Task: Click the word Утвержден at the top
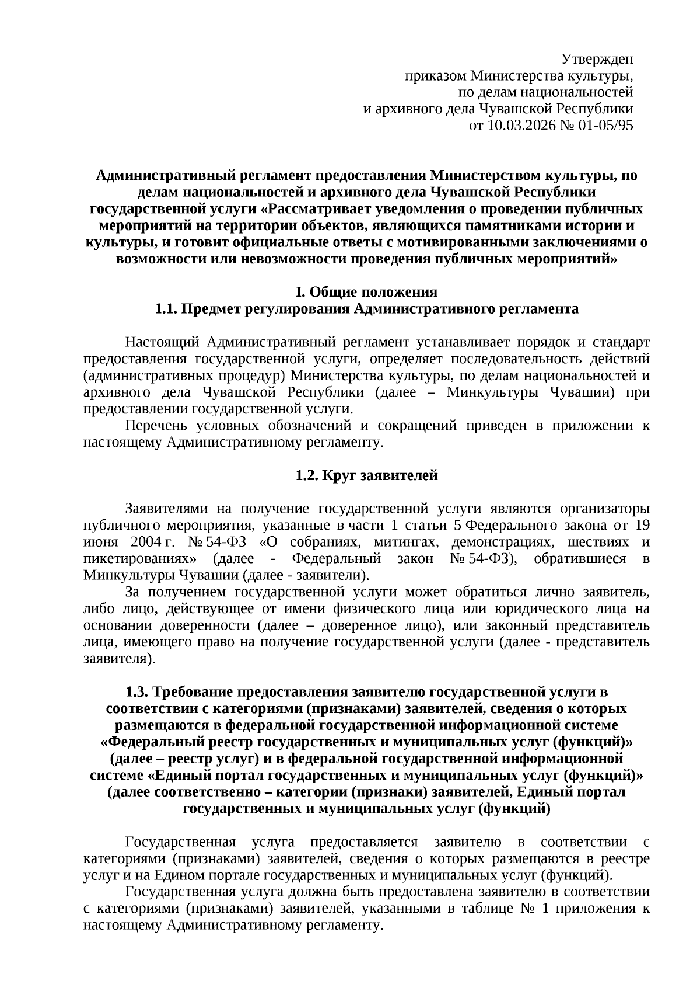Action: (597, 59)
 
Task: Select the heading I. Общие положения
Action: (366, 292)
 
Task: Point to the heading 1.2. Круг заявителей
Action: (366, 475)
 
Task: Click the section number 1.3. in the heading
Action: (138, 692)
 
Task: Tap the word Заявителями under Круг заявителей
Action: (167, 508)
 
